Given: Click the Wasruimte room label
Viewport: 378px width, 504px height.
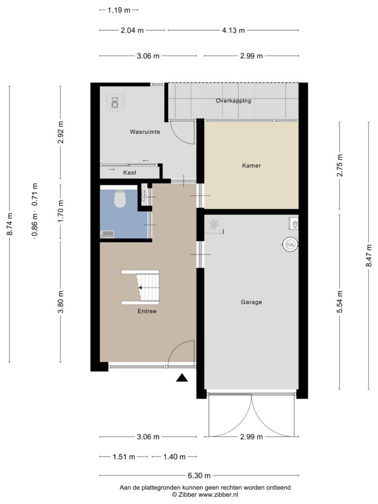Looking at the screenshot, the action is click(145, 132).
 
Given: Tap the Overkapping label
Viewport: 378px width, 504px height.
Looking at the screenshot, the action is click(233, 100).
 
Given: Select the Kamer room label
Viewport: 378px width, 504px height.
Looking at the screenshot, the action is click(252, 165).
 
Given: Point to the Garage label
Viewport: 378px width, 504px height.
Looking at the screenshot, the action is click(252, 302).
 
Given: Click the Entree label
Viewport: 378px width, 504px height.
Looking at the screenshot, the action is click(147, 311).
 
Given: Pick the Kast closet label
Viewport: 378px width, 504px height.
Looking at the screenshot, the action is click(129, 173).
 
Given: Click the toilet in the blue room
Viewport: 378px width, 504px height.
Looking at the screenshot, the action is click(120, 199).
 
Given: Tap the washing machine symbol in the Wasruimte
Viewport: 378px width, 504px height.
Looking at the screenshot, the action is click(115, 102).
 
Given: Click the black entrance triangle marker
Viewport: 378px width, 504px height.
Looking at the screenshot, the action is click(182, 378).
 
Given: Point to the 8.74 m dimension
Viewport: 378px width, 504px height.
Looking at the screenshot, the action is click(10, 224).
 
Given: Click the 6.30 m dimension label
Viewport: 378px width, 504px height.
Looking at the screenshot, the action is click(199, 475).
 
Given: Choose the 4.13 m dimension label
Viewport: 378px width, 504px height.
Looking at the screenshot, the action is click(233, 31).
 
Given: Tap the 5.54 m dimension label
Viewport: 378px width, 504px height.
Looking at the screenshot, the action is click(340, 302).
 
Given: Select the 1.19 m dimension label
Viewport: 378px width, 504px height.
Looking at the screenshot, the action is click(119, 10).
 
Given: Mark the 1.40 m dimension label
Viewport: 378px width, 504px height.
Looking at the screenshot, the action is click(174, 457).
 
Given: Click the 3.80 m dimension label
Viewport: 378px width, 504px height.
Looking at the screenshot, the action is click(61, 302).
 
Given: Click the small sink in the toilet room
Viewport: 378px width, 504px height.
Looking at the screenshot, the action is click(107, 234).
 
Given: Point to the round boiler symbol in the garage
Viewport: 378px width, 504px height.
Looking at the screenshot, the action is click(290, 244).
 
